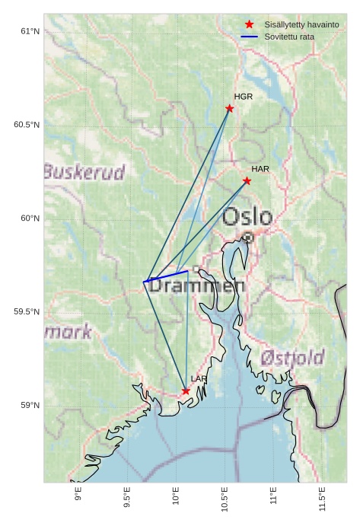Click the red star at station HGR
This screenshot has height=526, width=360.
coord(229,108)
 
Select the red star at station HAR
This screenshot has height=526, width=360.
coord(247,180)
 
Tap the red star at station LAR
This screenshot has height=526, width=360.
coord(186,391)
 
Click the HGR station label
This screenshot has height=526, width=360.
coord(244,97)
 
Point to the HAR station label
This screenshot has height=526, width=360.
coord(260,168)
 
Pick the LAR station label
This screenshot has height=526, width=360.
coord(199,378)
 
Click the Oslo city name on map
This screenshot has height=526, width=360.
coord(247,216)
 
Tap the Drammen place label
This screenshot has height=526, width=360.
coord(197,287)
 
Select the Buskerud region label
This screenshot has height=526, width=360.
coord(84,173)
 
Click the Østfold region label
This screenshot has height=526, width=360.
coord(292,357)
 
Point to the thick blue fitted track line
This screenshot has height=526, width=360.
coord(166,276)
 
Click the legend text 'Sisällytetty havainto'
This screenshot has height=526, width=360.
coord(301,25)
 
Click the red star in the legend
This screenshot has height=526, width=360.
coord(249,25)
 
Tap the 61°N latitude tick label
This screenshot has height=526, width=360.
coord(29,31)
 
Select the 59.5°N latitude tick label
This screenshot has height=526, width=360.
coord(26,312)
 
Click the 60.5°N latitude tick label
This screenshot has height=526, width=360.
coord(26,125)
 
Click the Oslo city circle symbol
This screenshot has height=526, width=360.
coord(248,237)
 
